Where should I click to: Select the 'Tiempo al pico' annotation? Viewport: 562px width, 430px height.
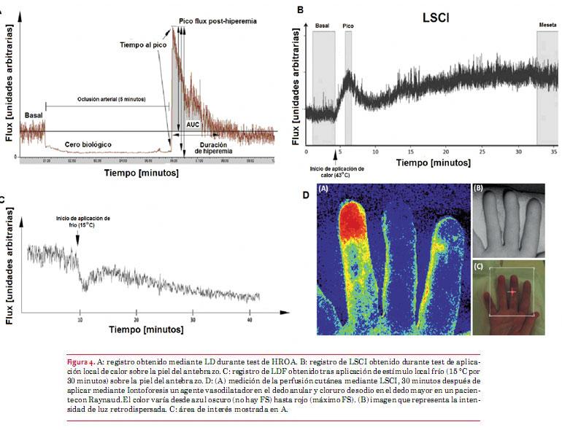coord(143,44)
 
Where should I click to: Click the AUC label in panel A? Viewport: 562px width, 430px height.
coord(192,124)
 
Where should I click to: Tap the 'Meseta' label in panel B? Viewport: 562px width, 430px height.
coord(547,25)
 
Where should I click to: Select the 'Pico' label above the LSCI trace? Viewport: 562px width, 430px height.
coord(348,25)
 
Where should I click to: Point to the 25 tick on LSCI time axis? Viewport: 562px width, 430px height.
coord(482,152)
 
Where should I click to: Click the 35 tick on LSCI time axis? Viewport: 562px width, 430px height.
coord(553,152)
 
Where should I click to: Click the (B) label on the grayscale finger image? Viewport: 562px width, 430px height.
coord(480,187)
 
